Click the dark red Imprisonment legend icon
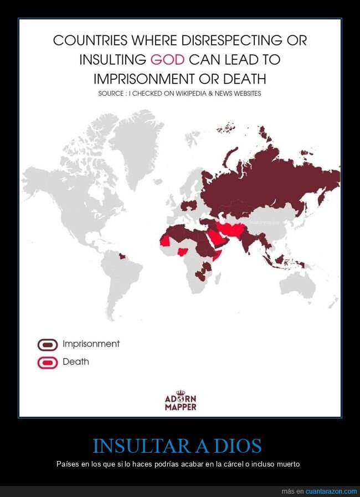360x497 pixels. pyautogui.click(x=48, y=344)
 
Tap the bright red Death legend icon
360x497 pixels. pyautogui.click(x=48, y=363)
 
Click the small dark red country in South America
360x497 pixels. pyautogui.click(x=122, y=256)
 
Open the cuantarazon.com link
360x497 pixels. pyautogui.click(x=331, y=491)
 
